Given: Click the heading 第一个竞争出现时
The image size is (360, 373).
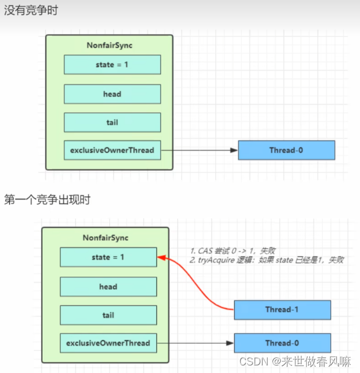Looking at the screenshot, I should pos(47,200).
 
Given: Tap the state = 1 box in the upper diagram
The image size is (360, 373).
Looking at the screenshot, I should pos(112,65).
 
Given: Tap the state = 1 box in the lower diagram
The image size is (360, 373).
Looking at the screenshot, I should pos(109,257).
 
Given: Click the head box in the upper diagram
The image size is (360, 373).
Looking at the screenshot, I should pos(112,94).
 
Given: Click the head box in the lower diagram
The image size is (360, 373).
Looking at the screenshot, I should pos(109,287).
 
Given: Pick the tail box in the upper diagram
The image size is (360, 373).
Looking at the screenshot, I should pos(112,122).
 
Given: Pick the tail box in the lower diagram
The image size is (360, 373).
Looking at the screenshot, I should pos(109,315).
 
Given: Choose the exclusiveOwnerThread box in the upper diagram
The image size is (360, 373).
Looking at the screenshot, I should pos(112,150).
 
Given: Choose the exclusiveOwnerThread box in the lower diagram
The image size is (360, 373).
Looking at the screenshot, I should pos(109,343).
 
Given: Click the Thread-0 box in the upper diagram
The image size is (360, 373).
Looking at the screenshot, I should pos(286,150).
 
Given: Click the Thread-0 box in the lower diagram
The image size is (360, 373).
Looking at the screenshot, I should pos(282,343).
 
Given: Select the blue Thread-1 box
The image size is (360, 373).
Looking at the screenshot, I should pos(282,310).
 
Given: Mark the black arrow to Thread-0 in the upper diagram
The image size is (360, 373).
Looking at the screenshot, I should pos(198,150).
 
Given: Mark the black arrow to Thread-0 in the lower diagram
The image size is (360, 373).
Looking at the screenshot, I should pos(195,343).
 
